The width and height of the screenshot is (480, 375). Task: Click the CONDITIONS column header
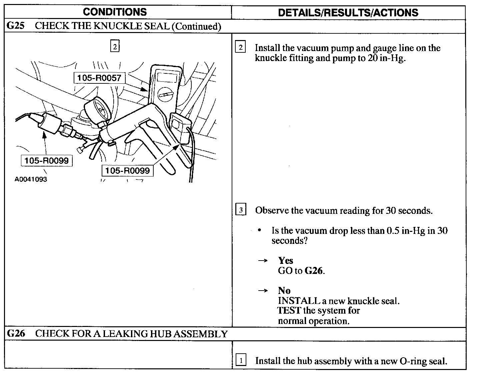[115, 12]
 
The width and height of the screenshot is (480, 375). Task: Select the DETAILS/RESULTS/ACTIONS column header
[348, 13]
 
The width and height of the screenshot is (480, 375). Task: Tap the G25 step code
[16, 26]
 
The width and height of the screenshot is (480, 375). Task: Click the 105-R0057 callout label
[99, 78]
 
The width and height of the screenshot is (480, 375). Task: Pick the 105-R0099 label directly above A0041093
[46, 160]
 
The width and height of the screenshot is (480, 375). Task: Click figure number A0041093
[31, 179]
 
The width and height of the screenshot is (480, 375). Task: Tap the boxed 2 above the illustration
[115, 46]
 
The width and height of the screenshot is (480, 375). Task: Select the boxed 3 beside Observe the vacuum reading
[241, 210]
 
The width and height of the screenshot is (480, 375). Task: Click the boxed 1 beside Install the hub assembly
[241, 360]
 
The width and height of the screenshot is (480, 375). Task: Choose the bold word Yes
[286, 260]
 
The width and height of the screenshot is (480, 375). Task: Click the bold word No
[284, 290]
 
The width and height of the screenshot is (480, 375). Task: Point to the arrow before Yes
[263, 261]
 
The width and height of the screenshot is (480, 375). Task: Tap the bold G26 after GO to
[314, 271]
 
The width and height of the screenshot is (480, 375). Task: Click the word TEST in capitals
[289, 311]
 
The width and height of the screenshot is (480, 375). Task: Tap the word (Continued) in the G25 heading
[196, 26]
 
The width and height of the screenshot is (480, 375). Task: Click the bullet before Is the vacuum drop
[260, 231]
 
